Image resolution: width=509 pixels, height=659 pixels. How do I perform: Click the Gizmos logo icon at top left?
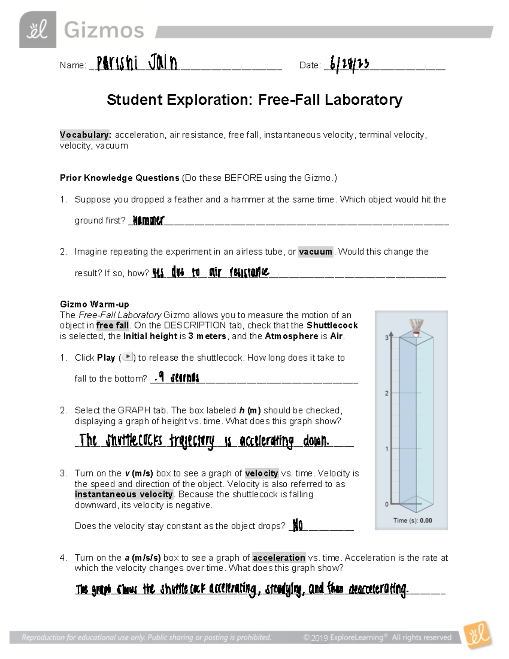(x=37, y=30)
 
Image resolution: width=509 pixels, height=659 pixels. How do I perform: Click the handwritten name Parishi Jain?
(x=137, y=64)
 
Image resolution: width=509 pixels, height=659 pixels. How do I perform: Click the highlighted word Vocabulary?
(x=85, y=135)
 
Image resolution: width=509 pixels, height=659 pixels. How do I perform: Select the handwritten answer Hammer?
(x=148, y=220)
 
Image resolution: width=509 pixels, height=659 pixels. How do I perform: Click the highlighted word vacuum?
(x=316, y=252)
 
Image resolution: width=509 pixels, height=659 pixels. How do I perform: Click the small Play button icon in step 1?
(x=128, y=357)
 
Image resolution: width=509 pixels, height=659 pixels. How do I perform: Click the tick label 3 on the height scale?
(x=386, y=338)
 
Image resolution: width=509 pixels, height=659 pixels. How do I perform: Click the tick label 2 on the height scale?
(x=386, y=393)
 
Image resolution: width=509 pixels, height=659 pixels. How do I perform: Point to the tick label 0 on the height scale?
(x=386, y=504)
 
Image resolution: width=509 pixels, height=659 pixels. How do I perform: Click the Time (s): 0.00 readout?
(x=412, y=520)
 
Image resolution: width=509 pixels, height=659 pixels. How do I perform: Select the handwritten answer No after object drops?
(x=298, y=526)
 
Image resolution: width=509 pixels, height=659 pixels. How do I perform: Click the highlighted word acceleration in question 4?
(x=279, y=558)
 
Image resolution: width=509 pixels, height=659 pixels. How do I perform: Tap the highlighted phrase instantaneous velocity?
(x=123, y=494)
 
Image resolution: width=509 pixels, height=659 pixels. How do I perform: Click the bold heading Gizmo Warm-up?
(x=94, y=304)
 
